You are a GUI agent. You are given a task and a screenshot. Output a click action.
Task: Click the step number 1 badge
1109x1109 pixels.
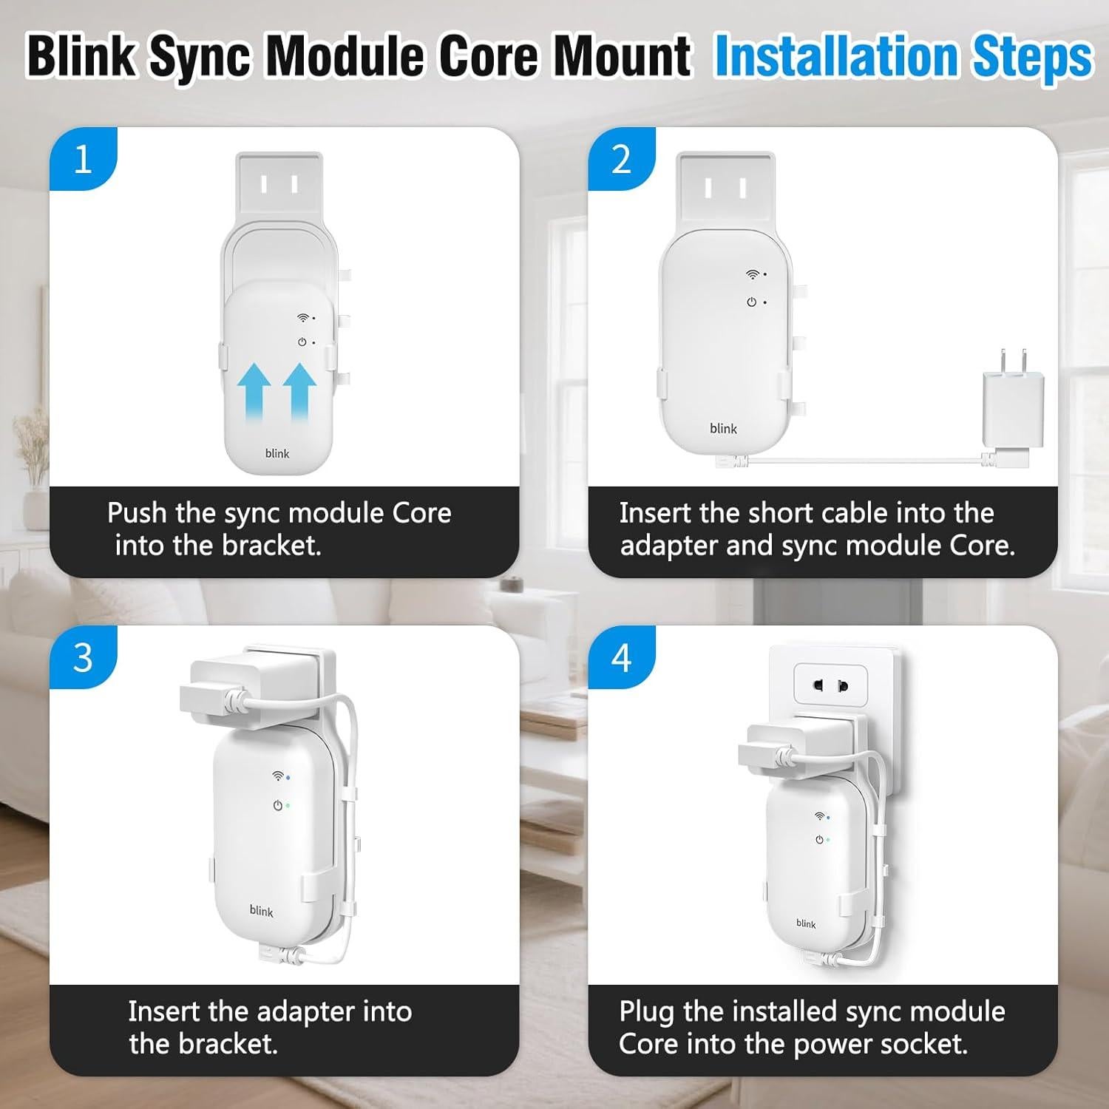coord(82,159)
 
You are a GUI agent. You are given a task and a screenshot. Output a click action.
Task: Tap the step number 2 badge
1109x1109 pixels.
coord(621,159)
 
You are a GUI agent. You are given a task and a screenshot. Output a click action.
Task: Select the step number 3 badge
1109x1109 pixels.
coord(82,657)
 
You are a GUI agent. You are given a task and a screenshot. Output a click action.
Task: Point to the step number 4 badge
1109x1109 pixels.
coord(621,657)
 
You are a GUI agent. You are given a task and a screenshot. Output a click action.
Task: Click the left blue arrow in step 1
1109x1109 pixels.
coord(254,393)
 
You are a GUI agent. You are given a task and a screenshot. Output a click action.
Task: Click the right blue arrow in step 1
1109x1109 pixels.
coord(299,393)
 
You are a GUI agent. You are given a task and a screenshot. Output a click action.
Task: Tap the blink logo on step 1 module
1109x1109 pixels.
coord(277,453)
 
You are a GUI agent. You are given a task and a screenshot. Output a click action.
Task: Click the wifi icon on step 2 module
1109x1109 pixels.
coord(752,274)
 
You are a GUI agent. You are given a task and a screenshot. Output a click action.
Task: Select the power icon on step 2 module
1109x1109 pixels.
coord(751,302)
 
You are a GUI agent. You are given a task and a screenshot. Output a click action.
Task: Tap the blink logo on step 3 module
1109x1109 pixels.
coord(261,911)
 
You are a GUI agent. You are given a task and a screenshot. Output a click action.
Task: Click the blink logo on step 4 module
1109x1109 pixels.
coord(806,923)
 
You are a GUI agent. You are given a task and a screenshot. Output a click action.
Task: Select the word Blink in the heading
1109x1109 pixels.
coord(81,56)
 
